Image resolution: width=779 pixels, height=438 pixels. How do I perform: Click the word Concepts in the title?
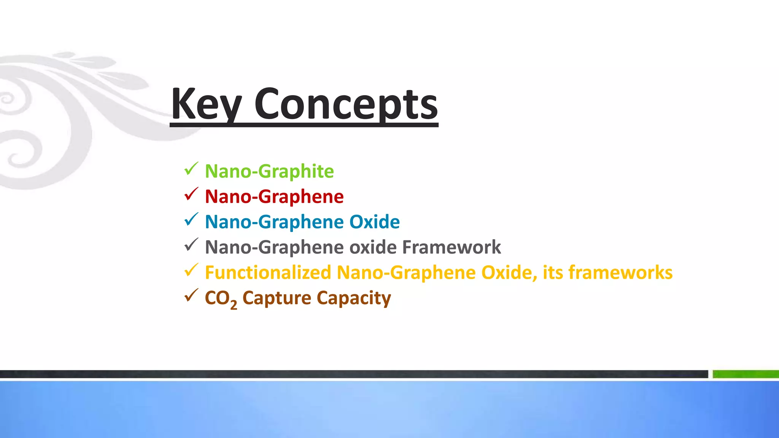coord(346,103)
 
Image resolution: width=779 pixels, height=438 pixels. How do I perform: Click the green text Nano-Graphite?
coord(269,171)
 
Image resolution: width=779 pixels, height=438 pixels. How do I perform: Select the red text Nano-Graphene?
coord(274,197)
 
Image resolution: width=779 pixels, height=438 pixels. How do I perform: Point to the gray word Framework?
coord(452,247)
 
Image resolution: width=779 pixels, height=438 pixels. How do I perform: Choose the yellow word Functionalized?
coord(268,273)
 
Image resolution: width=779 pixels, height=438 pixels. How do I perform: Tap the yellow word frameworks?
coord(620,273)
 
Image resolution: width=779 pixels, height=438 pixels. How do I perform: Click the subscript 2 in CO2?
coord(234,304)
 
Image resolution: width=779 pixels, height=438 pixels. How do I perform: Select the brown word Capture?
coord(277,298)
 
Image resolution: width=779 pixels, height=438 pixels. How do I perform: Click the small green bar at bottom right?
coord(746,374)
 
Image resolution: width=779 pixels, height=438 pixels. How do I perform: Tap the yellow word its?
coord(553,273)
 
